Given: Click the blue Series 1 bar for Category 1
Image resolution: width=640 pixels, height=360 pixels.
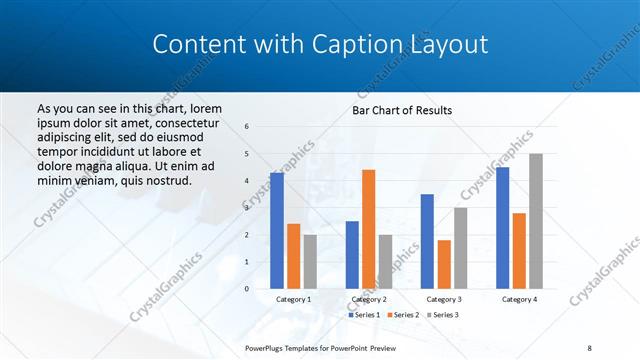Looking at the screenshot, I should coord(277,231).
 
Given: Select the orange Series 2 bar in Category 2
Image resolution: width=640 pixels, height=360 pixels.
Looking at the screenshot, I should coord(369,229).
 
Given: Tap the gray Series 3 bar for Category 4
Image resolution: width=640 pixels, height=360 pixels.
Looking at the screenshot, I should coord(536,221).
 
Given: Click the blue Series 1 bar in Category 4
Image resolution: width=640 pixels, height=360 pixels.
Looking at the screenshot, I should coord(502,228).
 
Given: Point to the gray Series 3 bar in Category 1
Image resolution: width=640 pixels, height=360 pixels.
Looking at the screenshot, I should coord(310,261).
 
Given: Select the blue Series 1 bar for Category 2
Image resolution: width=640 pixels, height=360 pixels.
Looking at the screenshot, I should coord(352,255).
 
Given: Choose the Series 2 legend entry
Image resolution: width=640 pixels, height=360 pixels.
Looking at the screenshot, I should coord(403,315).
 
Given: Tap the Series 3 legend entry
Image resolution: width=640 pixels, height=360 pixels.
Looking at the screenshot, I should coord(442,315).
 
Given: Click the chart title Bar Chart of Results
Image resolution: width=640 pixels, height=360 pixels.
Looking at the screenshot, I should coord(402,109).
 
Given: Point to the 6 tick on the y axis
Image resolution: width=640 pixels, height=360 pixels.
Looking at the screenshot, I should coord(248,127).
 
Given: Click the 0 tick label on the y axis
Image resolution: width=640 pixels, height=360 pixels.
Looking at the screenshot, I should coord(248,289).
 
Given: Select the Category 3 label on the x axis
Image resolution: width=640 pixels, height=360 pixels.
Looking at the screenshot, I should coord(444,299).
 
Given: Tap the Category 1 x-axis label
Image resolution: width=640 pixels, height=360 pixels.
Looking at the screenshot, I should coord(293,299).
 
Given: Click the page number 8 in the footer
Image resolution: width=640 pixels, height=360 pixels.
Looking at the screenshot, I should coord(589,347).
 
